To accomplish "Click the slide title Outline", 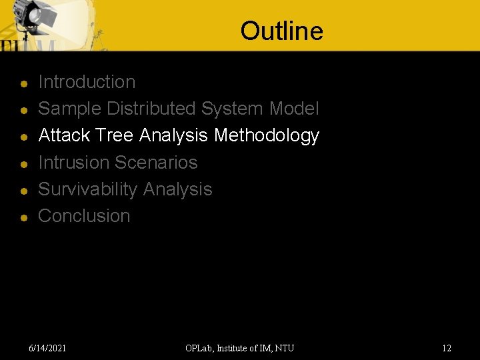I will click(x=281, y=31).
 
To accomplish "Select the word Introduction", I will click(x=87, y=82).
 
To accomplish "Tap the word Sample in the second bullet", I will click(x=70, y=109).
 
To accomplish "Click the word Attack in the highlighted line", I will click(x=65, y=135).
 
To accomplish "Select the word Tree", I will click(x=115, y=135).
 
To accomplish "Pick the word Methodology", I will click(x=267, y=135).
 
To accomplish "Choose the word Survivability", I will click(x=88, y=189).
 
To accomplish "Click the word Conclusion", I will click(x=84, y=216).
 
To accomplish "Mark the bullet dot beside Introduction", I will click(x=23, y=84).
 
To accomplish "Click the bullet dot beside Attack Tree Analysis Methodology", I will click(x=23, y=137).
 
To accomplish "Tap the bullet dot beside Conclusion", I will click(x=23, y=218).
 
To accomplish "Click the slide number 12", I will click(x=447, y=348).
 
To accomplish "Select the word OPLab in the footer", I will click(x=199, y=348).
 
